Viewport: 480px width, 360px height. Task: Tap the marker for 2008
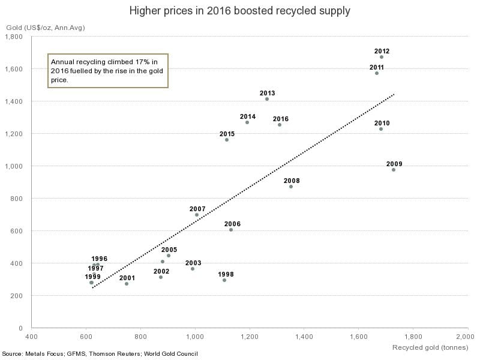coord(291,187)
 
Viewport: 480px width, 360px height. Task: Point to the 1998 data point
coord(224,280)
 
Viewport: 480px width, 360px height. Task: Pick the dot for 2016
coord(280,125)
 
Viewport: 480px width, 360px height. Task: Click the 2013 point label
coord(268,93)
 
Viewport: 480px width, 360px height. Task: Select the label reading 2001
coord(127,278)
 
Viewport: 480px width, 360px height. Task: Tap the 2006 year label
coord(232,224)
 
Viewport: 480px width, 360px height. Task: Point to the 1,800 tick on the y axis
coord(14,37)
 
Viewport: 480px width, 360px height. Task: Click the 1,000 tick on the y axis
coord(14,166)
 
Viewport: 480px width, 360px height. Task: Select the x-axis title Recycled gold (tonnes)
coord(430,347)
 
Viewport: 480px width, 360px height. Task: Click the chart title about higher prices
coord(239,11)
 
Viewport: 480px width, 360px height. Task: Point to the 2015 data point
coord(227,140)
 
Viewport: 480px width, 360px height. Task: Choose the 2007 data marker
coord(197,215)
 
